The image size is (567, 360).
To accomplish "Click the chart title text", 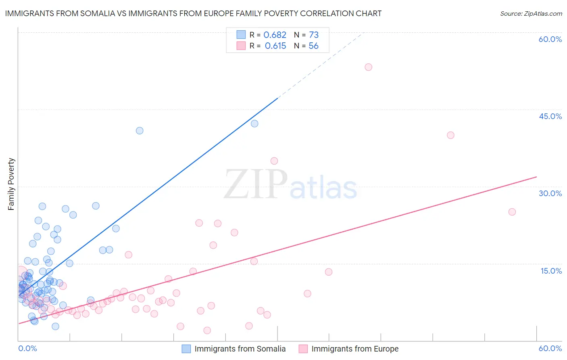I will click(193, 13).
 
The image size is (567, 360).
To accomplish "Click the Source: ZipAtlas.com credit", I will click(531, 13).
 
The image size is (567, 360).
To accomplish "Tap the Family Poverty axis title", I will click(11, 184).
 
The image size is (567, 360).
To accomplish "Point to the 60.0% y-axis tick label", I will click(550, 39).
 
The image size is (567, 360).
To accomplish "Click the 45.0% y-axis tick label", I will click(550, 116).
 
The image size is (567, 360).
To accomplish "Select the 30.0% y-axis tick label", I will click(550, 193).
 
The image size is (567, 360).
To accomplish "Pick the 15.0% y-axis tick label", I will click(551, 271).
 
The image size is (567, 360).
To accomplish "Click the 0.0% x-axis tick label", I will click(27, 348).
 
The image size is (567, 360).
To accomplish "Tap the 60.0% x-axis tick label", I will click(550, 348).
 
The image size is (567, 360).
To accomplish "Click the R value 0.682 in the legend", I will click(275, 35).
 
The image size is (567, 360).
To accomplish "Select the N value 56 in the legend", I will click(313, 46).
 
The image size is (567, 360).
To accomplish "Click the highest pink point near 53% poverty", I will click(368, 67).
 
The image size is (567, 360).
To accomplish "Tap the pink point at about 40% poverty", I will click(450, 135).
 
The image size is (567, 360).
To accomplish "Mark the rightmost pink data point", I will click(512, 212).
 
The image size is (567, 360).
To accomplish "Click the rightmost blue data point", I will click(254, 123).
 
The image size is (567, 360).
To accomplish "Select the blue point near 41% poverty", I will click(140, 130).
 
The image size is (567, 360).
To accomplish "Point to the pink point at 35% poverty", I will click(274, 161).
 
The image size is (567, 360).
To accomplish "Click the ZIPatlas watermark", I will click(290, 185).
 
